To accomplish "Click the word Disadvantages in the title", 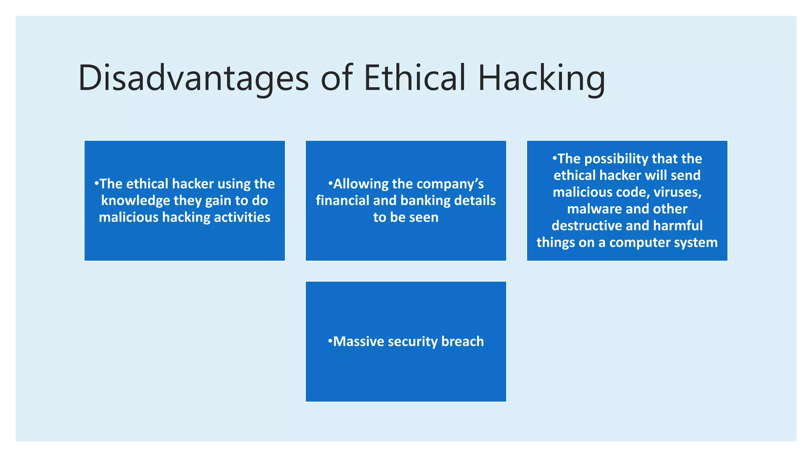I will [x=193, y=78].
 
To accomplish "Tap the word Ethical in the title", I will [x=414, y=78].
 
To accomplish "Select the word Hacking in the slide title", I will [x=542, y=78].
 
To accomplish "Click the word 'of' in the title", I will [x=336, y=78].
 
